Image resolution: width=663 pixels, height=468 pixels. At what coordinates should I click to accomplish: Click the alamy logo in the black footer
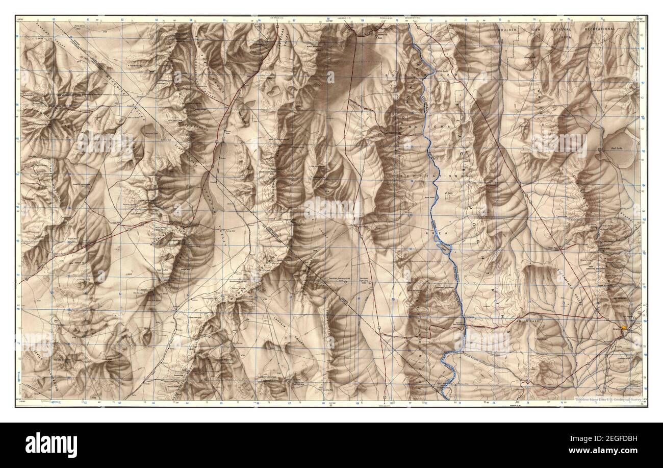(45, 445)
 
